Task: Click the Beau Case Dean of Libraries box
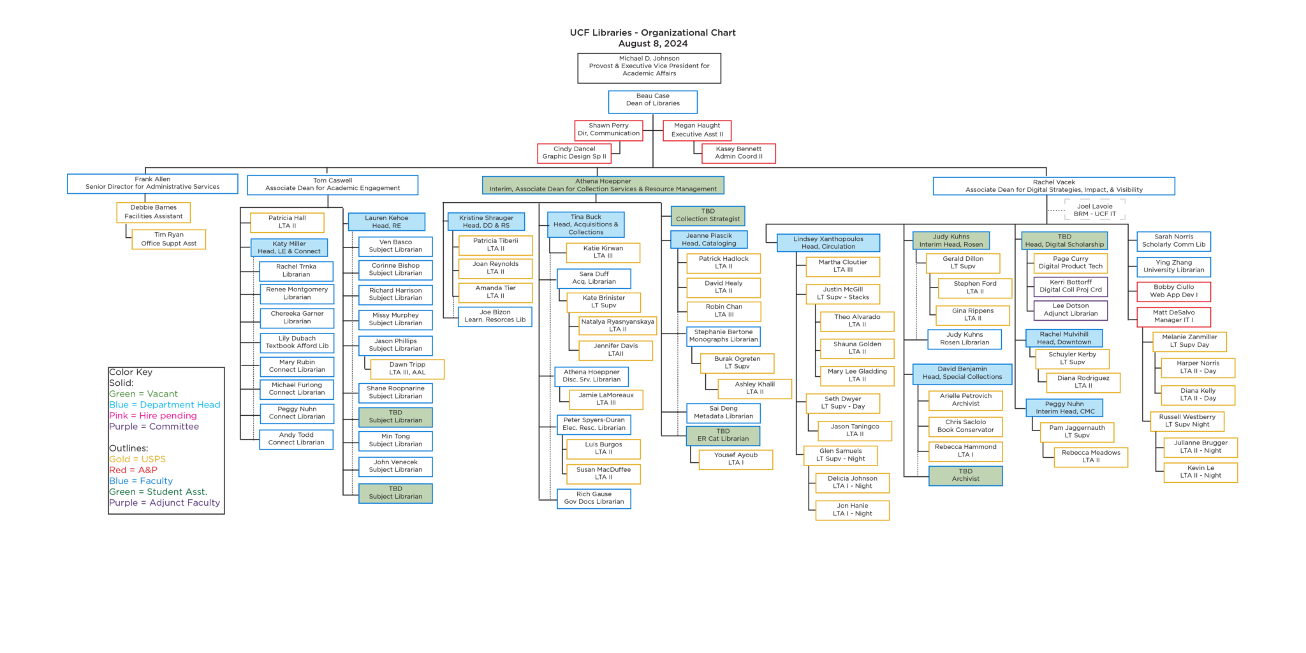(x=652, y=101)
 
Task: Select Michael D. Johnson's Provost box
(x=649, y=68)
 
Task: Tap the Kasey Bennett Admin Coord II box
(x=738, y=153)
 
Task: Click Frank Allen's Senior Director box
(x=152, y=184)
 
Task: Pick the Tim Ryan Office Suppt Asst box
(x=168, y=239)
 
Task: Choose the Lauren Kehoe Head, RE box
(x=386, y=222)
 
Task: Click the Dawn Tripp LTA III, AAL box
(x=407, y=369)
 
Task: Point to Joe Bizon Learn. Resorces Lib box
(x=495, y=316)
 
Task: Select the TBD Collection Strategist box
(x=707, y=216)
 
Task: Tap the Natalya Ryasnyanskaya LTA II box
(x=617, y=326)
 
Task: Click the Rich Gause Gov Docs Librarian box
(x=594, y=499)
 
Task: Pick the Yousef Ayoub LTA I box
(x=735, y=459)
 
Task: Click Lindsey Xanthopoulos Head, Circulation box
(x=828, y=243)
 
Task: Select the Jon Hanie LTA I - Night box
(x=852, y=510)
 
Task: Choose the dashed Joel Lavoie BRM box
(x=1094, y=210)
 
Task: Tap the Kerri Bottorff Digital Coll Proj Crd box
(x=1070, y=286)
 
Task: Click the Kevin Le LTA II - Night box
(x=1200, y=472)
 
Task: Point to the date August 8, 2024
(x=652, y=44)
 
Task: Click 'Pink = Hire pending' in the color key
(x=153, y=416)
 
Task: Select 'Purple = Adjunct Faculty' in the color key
(x=165, y=503)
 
